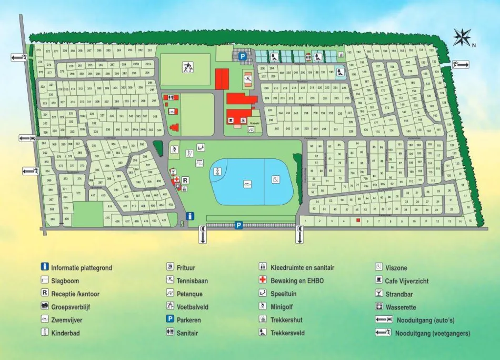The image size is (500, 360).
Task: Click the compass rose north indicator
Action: pos(462,37)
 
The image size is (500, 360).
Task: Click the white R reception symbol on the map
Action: pos(185,180)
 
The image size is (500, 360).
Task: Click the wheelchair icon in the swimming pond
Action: pos(275,179)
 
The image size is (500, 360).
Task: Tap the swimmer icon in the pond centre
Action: pos(246,184)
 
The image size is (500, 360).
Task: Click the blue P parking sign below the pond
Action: pos(238,225)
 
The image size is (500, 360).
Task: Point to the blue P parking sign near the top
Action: pos(243,56)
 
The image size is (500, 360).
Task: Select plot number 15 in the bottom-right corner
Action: pos(470,222)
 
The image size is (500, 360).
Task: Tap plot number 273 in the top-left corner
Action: pos(39,51)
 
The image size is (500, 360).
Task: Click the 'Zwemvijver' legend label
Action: pos(67,320)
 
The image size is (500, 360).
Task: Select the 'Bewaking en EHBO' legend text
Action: pos(297,281)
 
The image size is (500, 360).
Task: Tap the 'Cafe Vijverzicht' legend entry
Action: pos(406,281)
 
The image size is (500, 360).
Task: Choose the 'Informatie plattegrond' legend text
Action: pos(82,267)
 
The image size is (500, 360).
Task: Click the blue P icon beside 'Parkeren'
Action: pos(170,320)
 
